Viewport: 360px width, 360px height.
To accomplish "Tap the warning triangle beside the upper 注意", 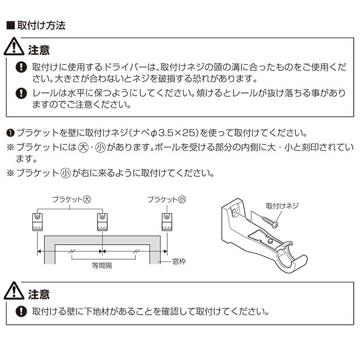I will coord(15,48).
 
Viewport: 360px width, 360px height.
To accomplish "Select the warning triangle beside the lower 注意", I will coord(15,293).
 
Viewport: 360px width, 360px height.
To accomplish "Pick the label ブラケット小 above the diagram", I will coord(166,200).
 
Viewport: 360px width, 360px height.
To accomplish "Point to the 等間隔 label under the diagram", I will coord(102,264).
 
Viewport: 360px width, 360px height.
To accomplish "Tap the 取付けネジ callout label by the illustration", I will coord(282,205).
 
